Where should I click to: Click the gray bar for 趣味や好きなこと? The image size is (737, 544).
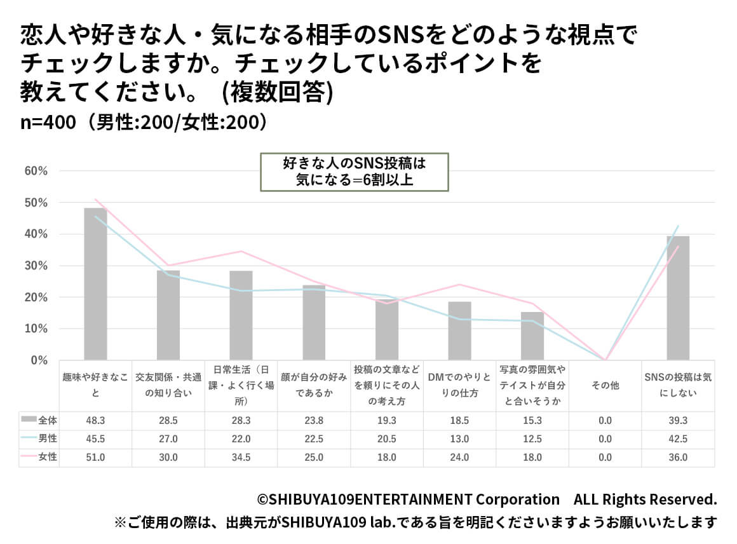click(95, 284)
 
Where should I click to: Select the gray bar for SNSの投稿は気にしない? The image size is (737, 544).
click(677, 298)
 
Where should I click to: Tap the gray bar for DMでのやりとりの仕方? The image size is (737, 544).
click(459, 331)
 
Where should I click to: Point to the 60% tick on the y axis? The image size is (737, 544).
click(36, 171)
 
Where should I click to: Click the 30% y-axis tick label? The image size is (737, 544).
click(36, 266)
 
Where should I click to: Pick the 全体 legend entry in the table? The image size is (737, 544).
click(39, 420)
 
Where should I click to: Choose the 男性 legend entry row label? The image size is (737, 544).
click(39, 439)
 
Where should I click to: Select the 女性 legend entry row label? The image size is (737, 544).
click(39, 457)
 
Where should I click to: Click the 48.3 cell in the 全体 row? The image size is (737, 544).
click(95, 420)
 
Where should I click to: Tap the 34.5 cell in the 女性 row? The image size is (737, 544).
click(241, 457)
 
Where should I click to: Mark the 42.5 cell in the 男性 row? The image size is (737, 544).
click(677, 439)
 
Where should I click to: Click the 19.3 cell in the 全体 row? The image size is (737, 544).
click(386, 420)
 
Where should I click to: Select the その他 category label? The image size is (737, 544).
click(605, 386)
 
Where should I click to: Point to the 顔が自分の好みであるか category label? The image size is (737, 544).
click(314, 385)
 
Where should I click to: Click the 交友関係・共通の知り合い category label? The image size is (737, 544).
click(168, 385)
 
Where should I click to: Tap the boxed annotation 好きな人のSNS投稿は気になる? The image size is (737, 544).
click(355, 172)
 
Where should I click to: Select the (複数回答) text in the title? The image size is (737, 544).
click(277, 93)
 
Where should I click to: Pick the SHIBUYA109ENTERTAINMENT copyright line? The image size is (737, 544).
click(487, 499)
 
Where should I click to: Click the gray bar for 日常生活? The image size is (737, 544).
click(241, 316)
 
